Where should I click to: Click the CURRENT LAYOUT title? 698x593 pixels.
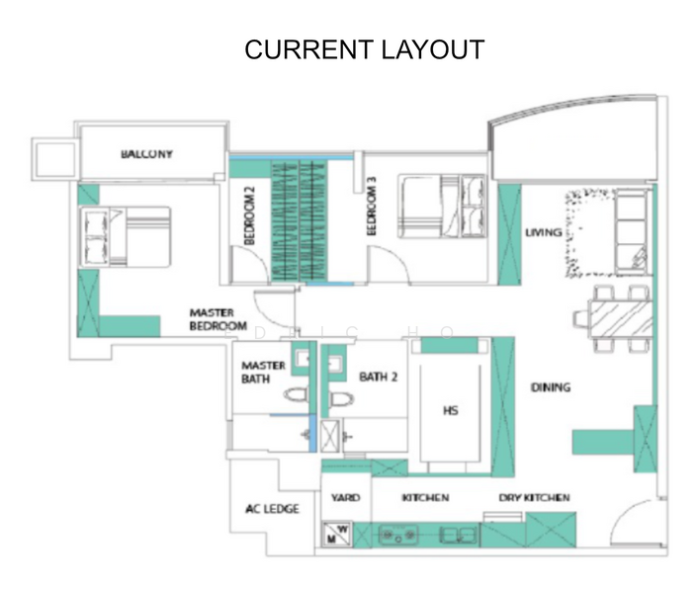364,49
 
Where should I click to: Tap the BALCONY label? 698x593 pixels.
146,154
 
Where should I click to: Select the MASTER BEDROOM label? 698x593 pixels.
218,319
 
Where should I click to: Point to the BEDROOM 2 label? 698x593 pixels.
249,215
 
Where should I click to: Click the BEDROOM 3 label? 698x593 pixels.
372,206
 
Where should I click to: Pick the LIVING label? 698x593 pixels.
543,232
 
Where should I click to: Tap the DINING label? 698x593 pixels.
551,387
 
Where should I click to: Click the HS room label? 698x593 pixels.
451,410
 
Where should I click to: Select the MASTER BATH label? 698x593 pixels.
263,372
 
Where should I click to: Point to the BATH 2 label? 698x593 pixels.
378,378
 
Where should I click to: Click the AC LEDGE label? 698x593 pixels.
272,508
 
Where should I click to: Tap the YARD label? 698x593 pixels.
345,497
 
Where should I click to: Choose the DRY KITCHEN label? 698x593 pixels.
534,497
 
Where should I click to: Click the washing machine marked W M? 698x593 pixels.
337,534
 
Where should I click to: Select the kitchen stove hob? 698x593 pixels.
398,535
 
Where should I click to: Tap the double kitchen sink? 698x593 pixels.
458,535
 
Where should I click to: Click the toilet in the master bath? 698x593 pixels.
296,394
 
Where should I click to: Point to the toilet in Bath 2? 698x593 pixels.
342,399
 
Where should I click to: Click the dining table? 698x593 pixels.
620,319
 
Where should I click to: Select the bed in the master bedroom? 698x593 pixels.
125,236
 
